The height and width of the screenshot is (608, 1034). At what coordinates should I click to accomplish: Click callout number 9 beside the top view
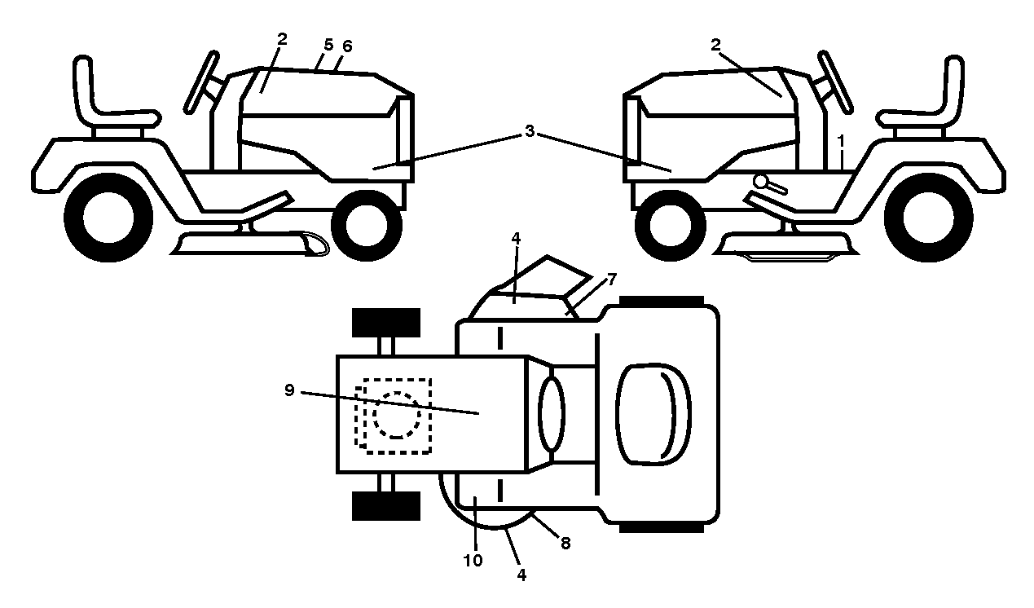[289, 390]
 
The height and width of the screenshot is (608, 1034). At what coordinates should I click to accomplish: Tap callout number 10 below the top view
[473, 561]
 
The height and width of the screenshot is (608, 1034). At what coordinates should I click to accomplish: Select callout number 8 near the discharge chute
[565, 544]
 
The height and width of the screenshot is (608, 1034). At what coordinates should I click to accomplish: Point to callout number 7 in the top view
[612, 279]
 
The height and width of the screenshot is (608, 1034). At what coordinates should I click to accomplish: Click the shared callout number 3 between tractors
[530, 131]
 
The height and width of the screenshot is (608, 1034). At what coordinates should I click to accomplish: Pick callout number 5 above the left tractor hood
[328, 45]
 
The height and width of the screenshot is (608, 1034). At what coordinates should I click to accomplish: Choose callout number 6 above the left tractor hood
[347, 46]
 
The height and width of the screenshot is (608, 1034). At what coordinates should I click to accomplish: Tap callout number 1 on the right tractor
[841, 141]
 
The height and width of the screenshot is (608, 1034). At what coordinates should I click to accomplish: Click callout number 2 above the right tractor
[715, 45]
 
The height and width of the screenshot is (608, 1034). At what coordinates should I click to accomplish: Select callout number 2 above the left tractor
[282, 39]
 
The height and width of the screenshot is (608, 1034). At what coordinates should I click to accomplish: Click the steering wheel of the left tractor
[202, 82]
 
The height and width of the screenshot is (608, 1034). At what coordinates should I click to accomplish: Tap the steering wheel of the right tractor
[835, 82]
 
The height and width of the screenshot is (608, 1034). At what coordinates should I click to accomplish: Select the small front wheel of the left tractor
[367, 225]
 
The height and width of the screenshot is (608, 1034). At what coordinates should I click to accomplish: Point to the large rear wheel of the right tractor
[928, 218]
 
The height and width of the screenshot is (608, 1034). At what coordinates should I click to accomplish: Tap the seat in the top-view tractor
[653, 414]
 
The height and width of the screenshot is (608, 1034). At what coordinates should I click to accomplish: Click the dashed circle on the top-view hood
[397, 415]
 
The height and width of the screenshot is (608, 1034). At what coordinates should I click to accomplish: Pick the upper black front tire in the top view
[386, 322]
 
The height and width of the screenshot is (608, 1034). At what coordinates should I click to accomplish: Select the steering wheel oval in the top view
[552, 413]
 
